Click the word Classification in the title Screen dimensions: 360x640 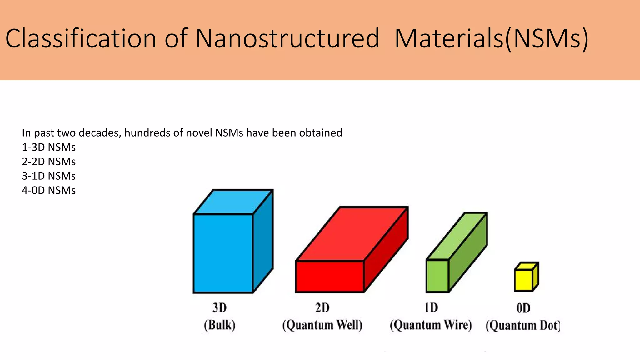(81, 39)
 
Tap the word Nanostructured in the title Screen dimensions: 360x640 (287, 39)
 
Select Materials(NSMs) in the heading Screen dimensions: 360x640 (491, 39)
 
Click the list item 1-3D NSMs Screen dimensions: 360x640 (49, 147)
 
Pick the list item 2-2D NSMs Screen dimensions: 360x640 (49, 162)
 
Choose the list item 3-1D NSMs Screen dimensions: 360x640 (49, 176)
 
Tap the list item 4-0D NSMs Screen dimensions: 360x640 (49, 190)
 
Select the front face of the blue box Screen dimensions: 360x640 (223, 253)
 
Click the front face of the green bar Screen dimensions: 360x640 (437, 276)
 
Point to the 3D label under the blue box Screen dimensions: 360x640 (219, 308)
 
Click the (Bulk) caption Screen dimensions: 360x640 (219, 325)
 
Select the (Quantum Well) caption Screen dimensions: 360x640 (322, 325)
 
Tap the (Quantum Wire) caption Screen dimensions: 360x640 (431, 325)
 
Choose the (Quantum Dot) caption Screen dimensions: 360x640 (523, 326)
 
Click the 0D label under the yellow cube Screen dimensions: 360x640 (523, 308)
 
